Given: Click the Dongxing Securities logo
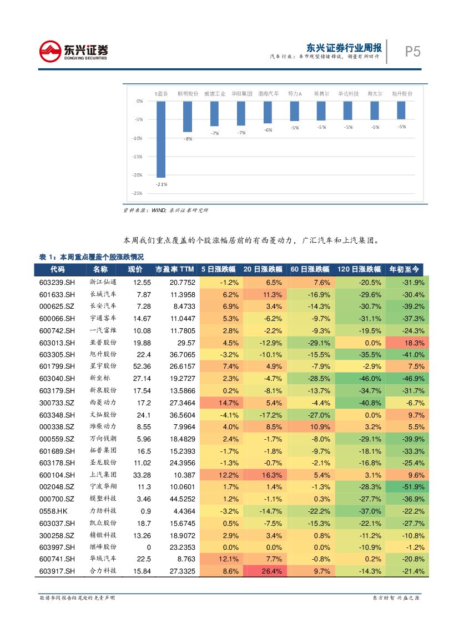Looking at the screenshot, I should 73,52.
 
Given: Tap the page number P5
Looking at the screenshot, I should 412,52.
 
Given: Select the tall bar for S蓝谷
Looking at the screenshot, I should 161,139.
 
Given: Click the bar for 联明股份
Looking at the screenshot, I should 188,117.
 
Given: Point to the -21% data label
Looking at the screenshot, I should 162,184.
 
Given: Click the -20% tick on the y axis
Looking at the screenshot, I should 138,175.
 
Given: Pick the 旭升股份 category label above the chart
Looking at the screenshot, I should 402,94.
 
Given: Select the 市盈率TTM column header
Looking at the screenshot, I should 175,270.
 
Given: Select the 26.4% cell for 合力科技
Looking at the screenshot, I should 267,571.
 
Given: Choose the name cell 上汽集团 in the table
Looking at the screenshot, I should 103,475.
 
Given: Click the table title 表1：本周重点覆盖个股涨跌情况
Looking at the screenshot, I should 91,257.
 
